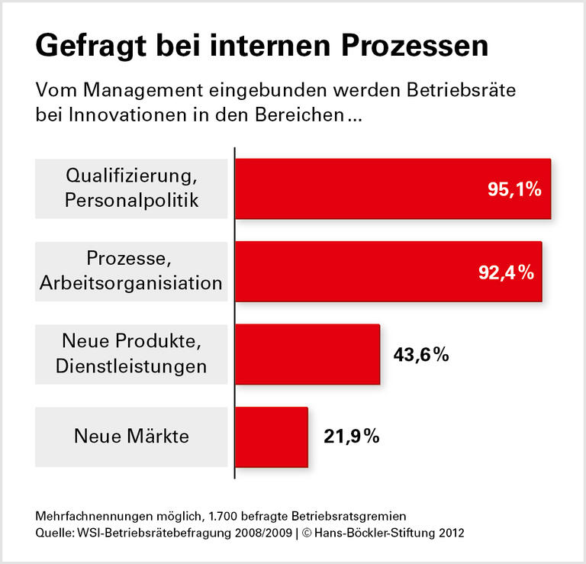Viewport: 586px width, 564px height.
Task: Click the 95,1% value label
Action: pos(514,189)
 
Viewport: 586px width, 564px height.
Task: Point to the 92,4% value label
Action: pos(506,272)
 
